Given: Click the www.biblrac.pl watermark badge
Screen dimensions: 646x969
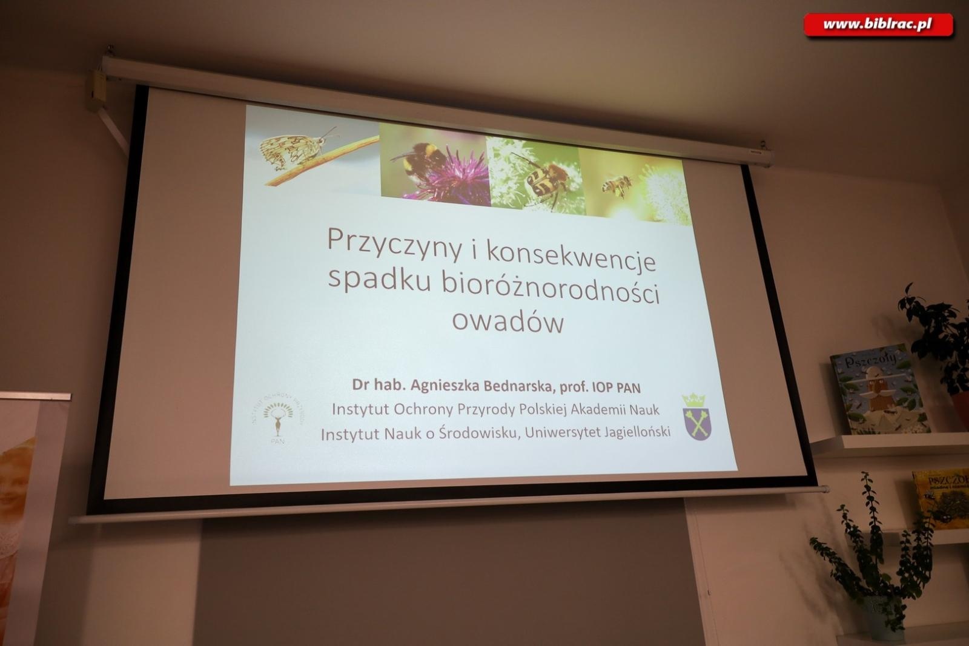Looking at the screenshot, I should (878, 25).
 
